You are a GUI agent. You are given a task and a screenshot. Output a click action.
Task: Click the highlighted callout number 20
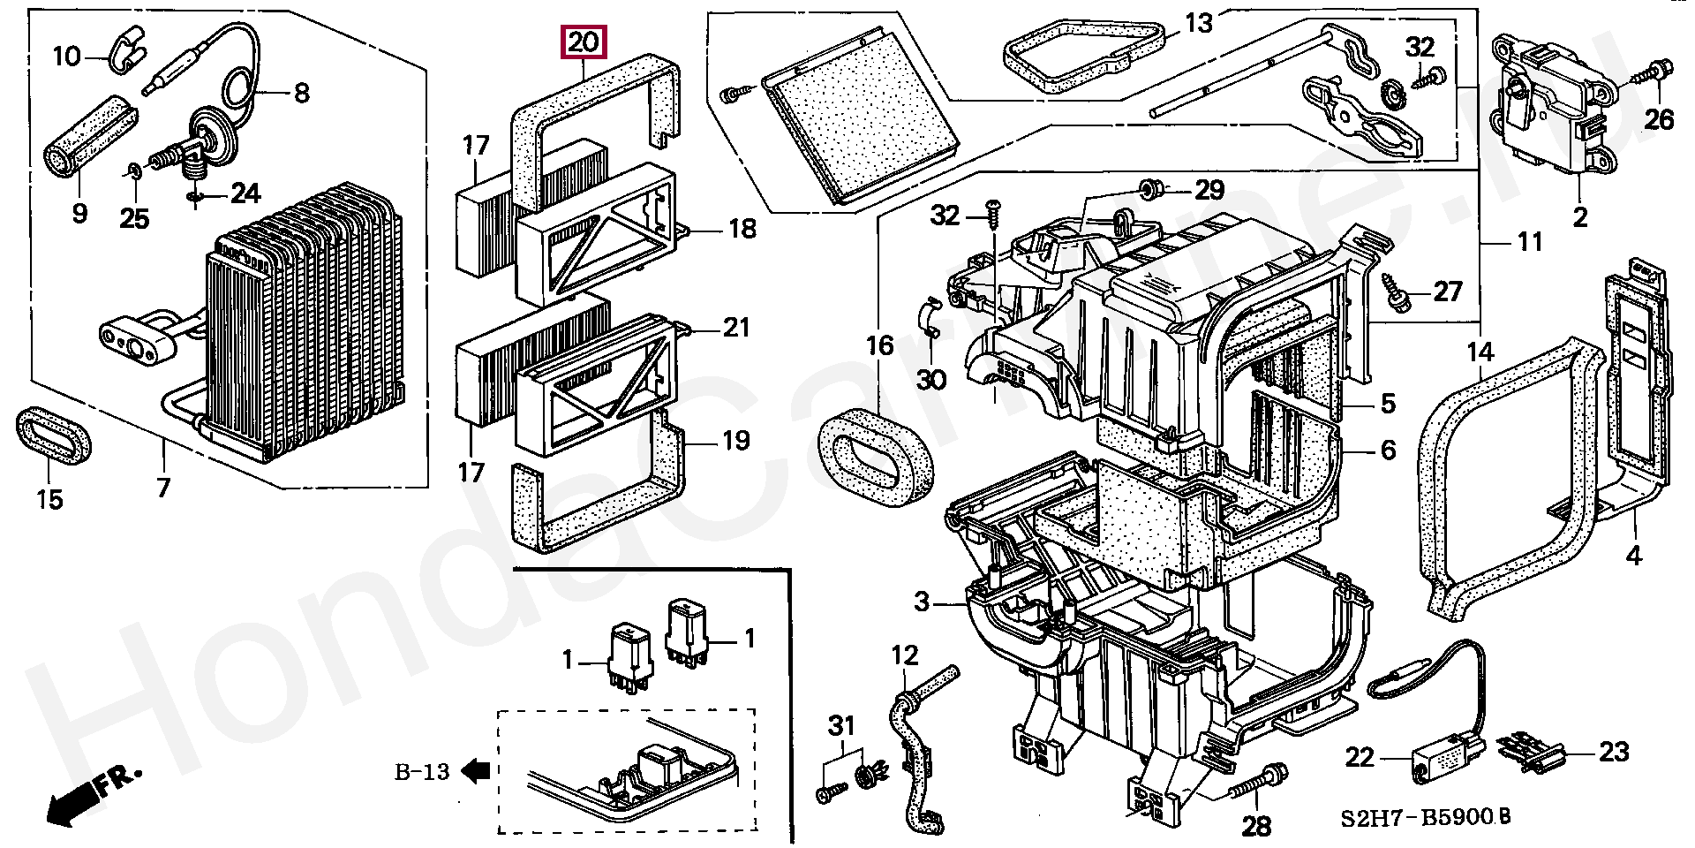[582, 42]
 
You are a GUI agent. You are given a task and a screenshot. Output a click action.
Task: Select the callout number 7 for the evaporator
[163, 486]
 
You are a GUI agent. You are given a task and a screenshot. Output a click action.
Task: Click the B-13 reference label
[421, 772]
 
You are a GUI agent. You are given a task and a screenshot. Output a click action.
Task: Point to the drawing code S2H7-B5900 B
[1421, 817]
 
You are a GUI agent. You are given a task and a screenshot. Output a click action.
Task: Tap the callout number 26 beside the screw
[1660, 118]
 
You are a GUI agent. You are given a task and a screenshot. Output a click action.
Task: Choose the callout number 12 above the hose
[905, 655]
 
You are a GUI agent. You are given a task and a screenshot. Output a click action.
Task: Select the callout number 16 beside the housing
[879, 344]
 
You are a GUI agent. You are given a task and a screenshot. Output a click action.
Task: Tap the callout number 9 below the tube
[79, 213]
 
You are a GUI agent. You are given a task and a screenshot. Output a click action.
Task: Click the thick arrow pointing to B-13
[477, 772]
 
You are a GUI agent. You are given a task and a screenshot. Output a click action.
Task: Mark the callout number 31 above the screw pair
[841, 726]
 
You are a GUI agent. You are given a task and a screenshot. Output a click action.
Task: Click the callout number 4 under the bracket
[1633, 556]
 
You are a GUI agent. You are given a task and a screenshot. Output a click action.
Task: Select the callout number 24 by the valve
[246, 193]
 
